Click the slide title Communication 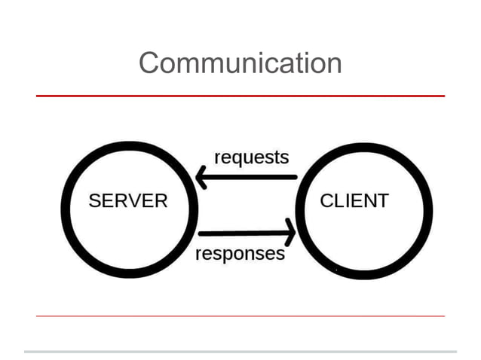click(240, 63)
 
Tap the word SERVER click(128, 201)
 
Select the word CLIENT click(354, 201)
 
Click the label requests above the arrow click(251, 158)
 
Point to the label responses click(240, 254)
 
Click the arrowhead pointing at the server click(202, 177)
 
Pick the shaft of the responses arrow click(241, 233)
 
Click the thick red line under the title click(240, 96)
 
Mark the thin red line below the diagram click(240, 316)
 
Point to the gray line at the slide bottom click(240, 351)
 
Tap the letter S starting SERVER click(94, 201)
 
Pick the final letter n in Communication click(334, 64)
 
